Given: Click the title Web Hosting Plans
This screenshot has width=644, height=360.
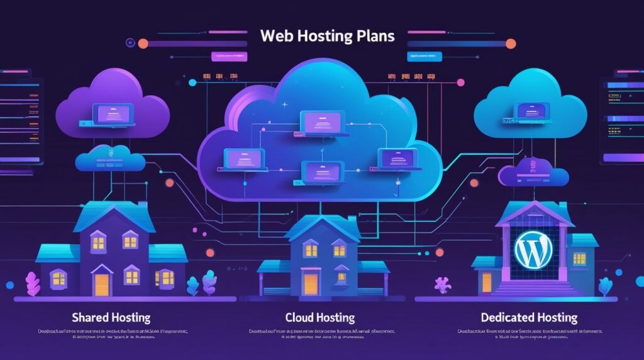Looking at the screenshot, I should (328, 35).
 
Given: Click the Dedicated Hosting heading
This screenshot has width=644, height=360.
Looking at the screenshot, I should (528, 317).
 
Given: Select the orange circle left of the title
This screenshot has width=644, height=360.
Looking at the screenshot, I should (143, 43).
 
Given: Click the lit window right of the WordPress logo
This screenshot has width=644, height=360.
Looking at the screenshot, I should (579, 258).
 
